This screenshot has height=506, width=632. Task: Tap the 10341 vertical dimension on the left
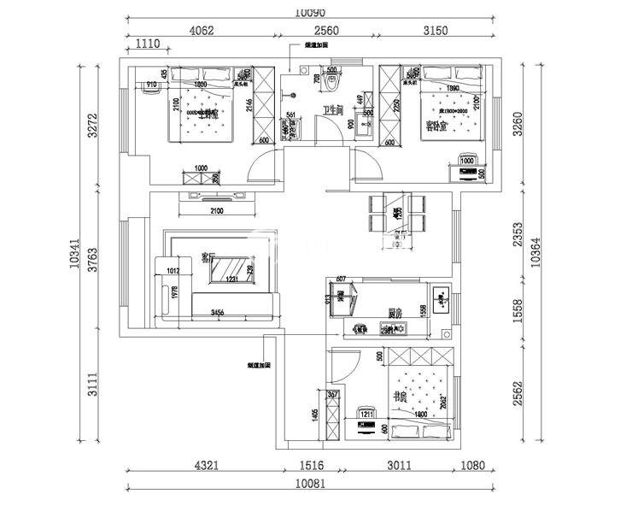(76, 254)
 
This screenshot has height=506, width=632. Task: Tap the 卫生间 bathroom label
(332, 110)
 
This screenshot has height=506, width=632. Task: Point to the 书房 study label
(396, 397)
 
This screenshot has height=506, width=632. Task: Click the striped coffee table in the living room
(230, 269)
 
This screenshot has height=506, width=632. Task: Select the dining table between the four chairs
(397, 213)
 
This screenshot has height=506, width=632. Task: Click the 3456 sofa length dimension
(217, 314)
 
